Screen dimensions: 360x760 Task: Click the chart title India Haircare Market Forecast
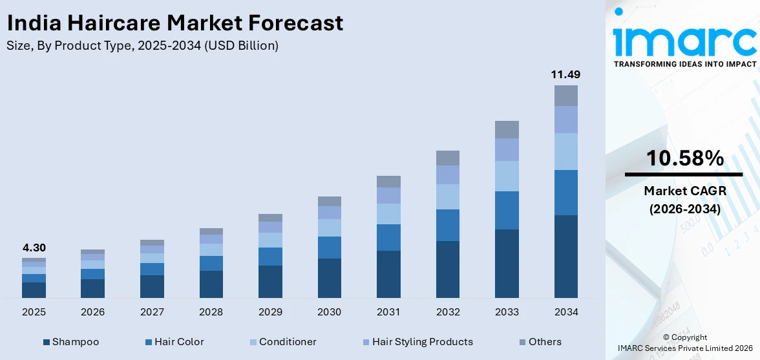(174, 23)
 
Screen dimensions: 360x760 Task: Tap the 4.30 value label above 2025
(34, 248)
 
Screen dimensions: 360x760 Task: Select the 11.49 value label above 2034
(565, 75)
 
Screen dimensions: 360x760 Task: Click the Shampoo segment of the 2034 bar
(565, 257)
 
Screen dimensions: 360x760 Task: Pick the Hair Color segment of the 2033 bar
(507, 210)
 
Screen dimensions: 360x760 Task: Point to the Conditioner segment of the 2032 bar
(447, 196)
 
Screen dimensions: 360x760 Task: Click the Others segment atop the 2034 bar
(565, 96)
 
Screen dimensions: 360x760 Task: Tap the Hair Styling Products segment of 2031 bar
(388, 195)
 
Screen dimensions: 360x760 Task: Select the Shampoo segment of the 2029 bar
(270, 282)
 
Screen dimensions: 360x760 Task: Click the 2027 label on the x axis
(152, 312)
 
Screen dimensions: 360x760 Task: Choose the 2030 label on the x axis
(329, 312)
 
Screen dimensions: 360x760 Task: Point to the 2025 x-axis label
(34, 312)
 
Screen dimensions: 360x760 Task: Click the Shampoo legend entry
(71, 342)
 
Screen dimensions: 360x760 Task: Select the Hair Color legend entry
(174, 342)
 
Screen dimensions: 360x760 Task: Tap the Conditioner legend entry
(282, 342)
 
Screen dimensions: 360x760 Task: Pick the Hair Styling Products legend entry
(417, 342)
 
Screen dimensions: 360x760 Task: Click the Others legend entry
(540, 342)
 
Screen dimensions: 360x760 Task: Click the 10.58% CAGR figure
(683, 158)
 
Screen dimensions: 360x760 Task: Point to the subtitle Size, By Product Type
(142, 46)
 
